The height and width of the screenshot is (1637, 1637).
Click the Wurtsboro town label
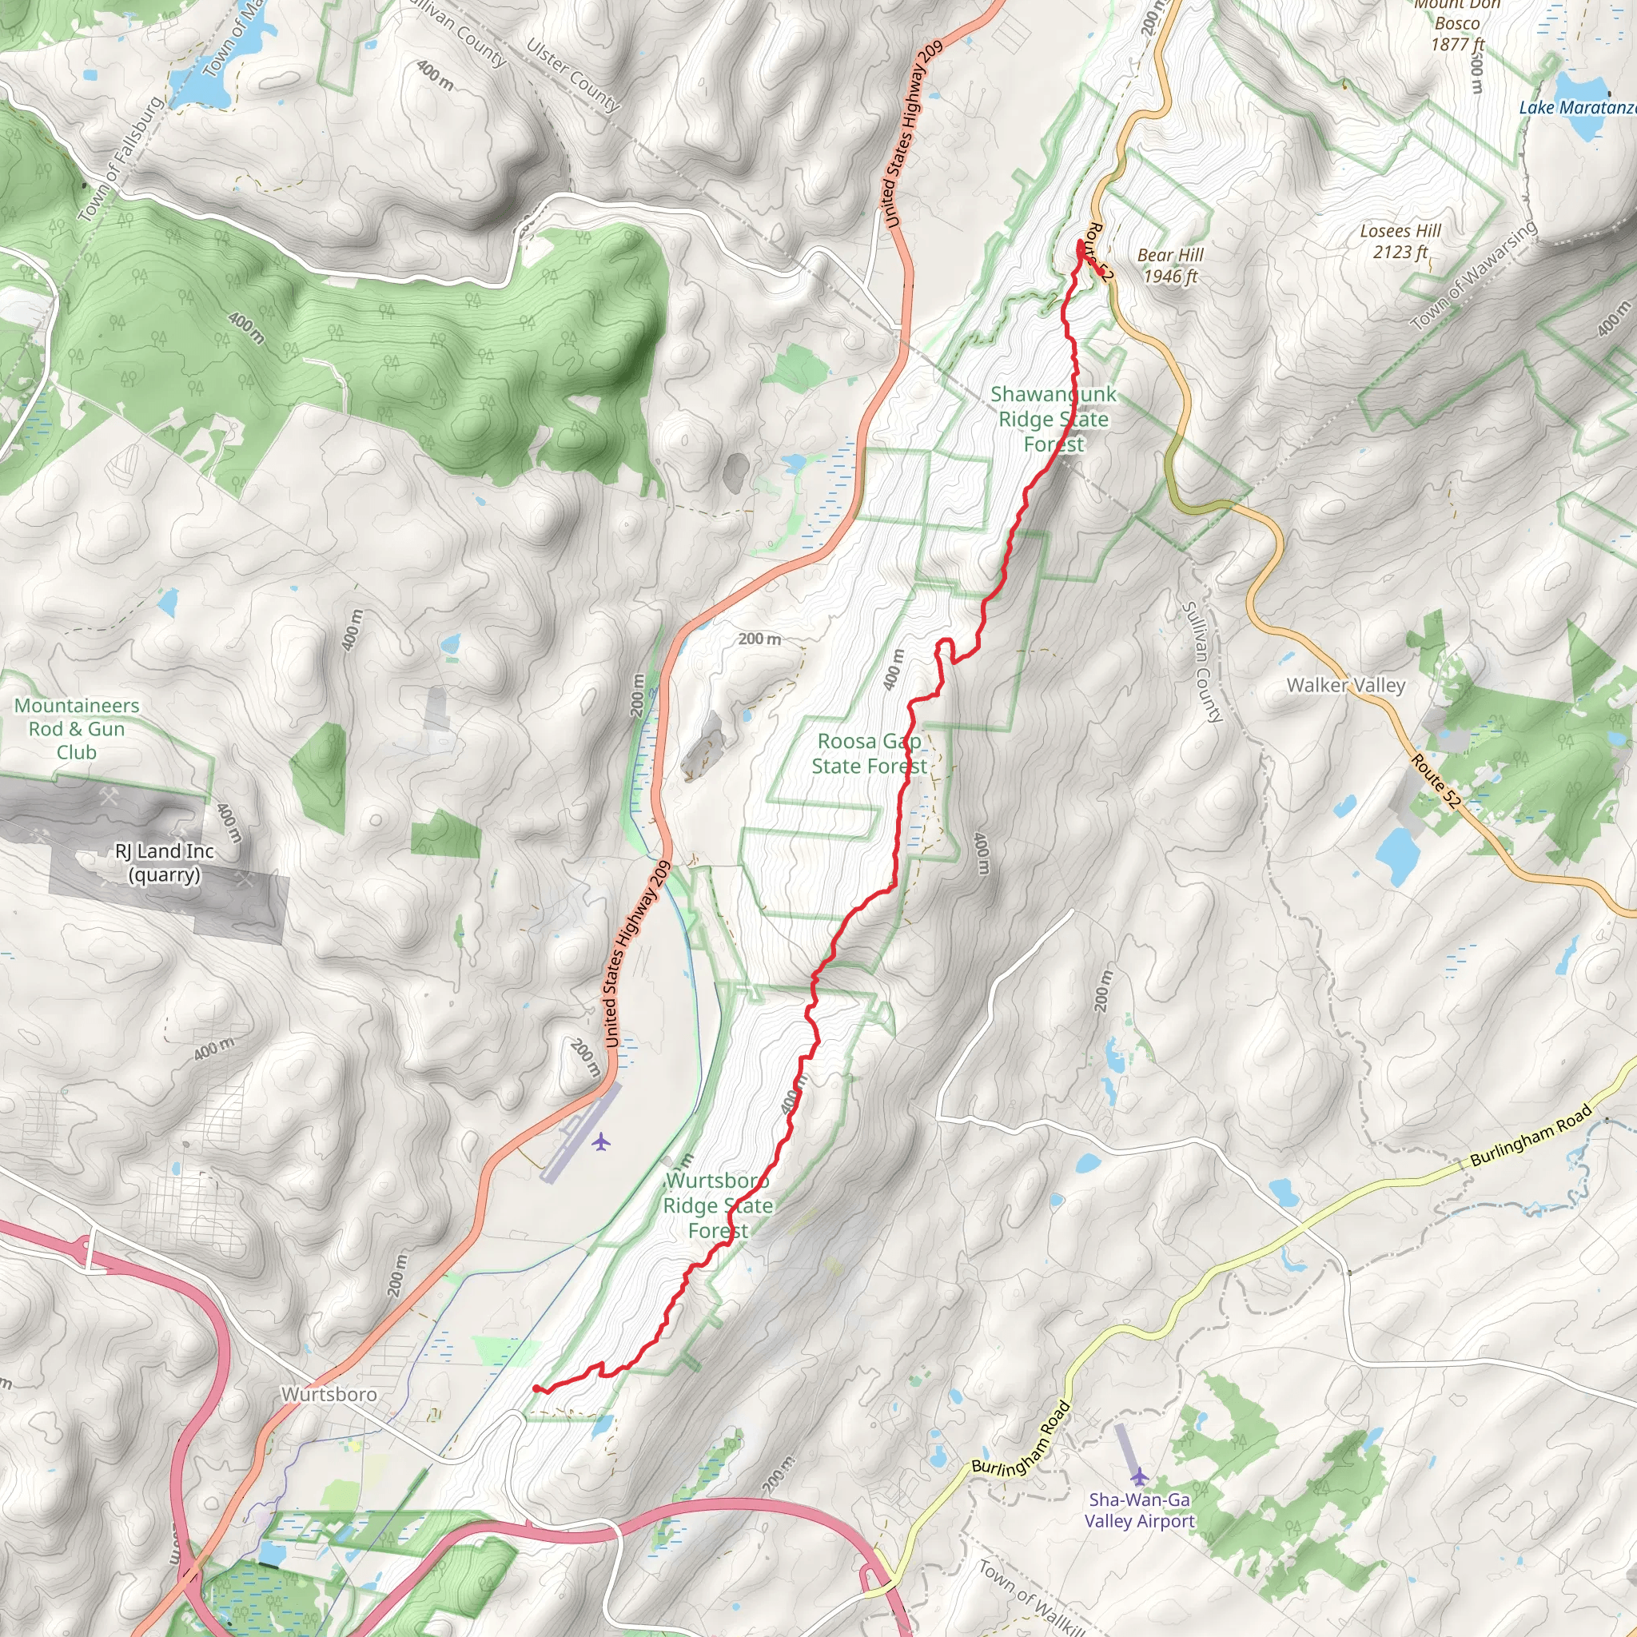point(329,1395)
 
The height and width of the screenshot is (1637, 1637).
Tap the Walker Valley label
point(1345,685)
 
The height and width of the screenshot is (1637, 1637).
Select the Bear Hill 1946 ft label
point(1169,265)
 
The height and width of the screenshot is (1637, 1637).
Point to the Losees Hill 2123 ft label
point(1400,241)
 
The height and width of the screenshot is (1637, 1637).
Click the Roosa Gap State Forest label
point(869,753)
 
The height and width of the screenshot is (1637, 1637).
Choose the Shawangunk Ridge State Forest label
point(1053,419)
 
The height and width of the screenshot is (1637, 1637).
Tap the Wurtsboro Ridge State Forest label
point(718,1205)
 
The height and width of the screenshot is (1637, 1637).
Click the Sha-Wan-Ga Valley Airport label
point(1139,1510)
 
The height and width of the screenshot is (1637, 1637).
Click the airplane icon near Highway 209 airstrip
point(601,1142)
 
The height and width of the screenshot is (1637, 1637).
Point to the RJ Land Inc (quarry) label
point(165,862)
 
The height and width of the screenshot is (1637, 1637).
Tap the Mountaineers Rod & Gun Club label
point(76,729)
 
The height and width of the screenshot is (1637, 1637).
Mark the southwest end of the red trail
point(536,1388)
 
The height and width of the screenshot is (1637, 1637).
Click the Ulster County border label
point(573,75)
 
